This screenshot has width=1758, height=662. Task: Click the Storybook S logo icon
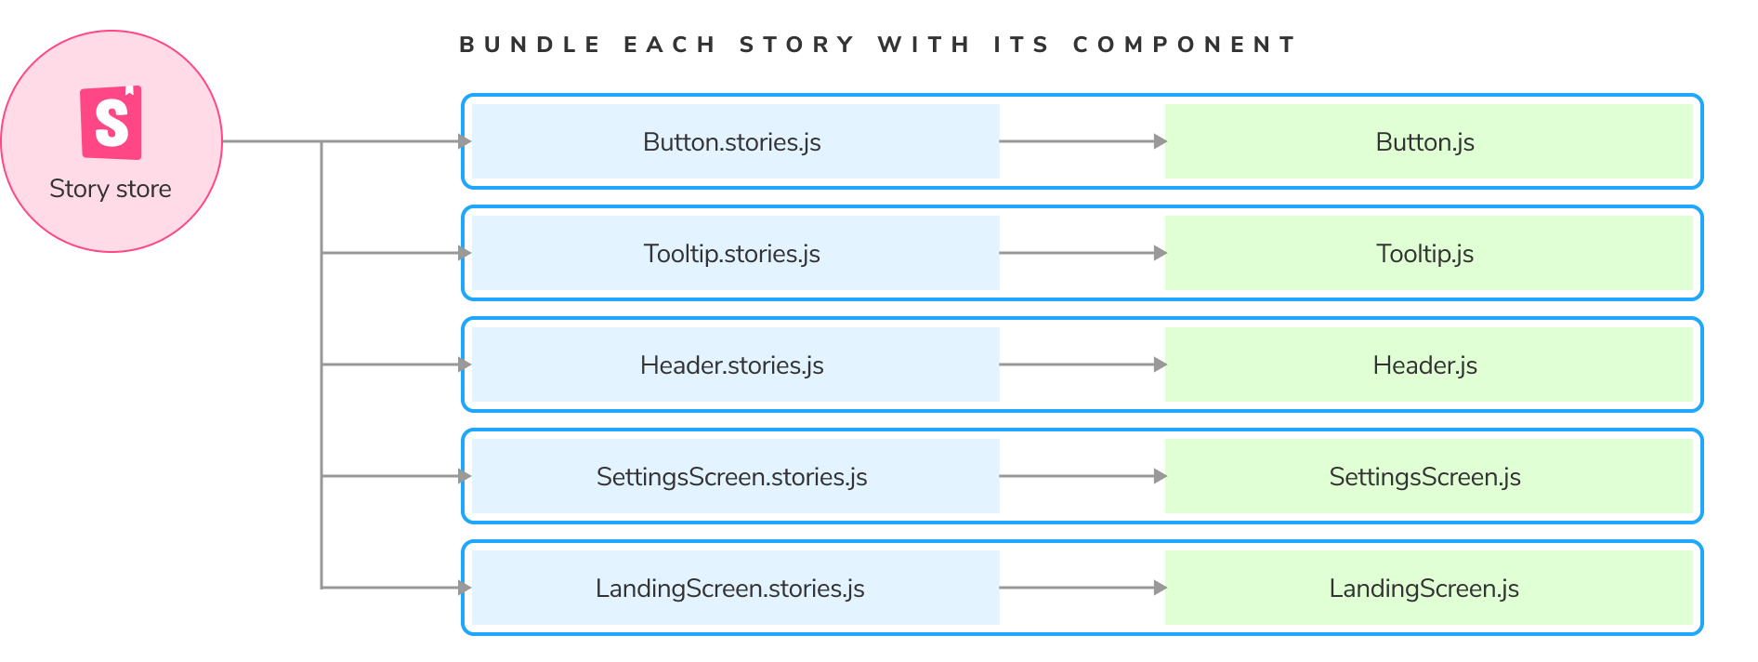coord(112,123)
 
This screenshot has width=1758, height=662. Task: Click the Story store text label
coord(111,189)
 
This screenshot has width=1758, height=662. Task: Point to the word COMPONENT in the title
coord(1184,45)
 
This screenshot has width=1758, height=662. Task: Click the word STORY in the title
coord(796,45)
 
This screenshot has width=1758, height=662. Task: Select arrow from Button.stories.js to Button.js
coord(1082,141)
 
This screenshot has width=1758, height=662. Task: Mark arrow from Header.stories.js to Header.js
coord(1082,364)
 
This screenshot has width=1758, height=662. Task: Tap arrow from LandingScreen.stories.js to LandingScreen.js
coord(1082,588)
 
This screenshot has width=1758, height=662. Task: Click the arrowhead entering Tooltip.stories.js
coord(465,253)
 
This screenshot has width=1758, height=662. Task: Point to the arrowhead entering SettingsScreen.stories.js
coord(465,476)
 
